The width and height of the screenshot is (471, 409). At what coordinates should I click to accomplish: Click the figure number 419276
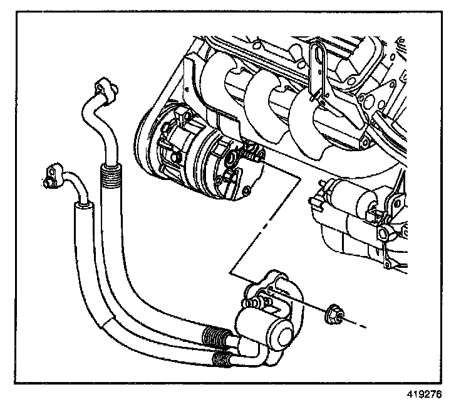point(425,396)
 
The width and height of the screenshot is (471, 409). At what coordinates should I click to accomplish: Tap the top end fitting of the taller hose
point(104,88)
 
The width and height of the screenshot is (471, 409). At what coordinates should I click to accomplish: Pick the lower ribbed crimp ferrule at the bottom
point(221,359)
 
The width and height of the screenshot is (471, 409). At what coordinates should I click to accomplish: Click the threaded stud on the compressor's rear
point(252,152)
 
